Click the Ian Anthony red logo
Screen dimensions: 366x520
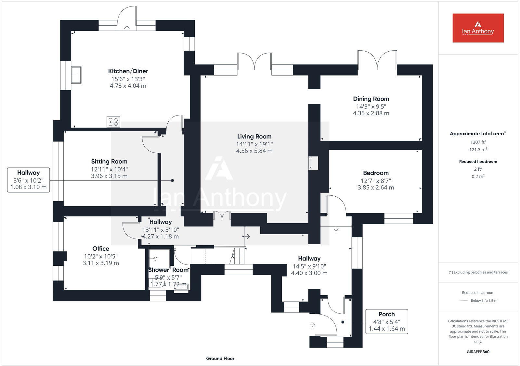tap(478, 28)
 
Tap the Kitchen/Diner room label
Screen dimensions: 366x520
tap(128, 71)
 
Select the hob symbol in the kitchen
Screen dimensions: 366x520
tap(113, 122)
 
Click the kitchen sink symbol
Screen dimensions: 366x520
tap(76, 75)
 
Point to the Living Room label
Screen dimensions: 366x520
tap(254, 137)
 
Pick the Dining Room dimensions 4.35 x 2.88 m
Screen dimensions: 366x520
tap(371, 113)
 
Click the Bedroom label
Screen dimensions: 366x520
tap(376, 173)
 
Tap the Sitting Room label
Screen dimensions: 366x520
tap(109, 162)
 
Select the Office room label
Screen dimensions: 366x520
tap(101, 249)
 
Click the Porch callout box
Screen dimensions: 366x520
tap(387, 321)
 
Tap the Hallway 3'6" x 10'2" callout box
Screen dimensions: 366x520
tap(29, 180)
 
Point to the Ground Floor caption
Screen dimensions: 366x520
tap(220, 359)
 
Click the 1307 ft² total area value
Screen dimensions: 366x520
tap(478, 142)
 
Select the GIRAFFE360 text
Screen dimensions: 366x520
tap(478, 352)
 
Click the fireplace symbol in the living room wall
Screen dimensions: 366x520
tap(313, 163)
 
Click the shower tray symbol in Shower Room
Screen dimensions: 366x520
tap(159, 259)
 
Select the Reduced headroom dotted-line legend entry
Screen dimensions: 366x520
tap(478, 300)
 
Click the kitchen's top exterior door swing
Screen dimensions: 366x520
tap(127, 18)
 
